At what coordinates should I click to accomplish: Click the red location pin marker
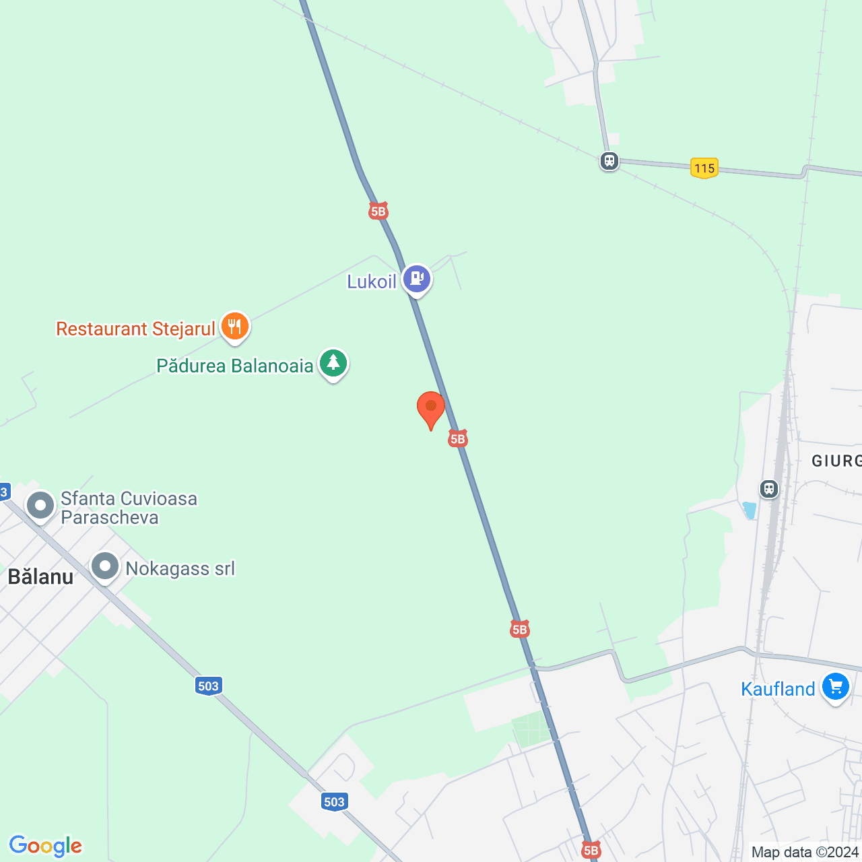tap(431, 408)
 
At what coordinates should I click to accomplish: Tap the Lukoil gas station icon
tap(417, 278)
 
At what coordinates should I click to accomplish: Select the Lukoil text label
tap(372, 281)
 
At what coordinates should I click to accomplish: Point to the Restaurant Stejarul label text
tap(135, 329)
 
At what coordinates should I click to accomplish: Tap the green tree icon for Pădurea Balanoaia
tap(333, 364)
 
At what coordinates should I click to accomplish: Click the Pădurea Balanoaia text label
tap(235, 366)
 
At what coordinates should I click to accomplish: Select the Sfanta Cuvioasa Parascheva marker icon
tap(40, 505)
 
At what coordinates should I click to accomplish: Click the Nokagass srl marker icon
tap(105, 566)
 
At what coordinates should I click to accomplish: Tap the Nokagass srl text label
tap(180, 569)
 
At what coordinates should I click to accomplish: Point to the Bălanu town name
tap(40, 577)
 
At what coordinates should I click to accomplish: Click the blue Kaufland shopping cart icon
tap(836, 687)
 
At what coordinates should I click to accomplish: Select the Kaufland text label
tap(778, 689)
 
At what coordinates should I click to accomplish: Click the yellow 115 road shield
tap(704, 168)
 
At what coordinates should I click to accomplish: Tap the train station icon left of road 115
tap(609, 162)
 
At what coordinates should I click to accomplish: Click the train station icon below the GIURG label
tap(769, 489)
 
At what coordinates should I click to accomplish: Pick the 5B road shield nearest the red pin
tap(458, 439)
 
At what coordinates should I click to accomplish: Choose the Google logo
tap(45, 846)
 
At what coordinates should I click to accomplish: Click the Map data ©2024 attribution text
tap(805, 853)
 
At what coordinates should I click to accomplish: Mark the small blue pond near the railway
tap(750, 510)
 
